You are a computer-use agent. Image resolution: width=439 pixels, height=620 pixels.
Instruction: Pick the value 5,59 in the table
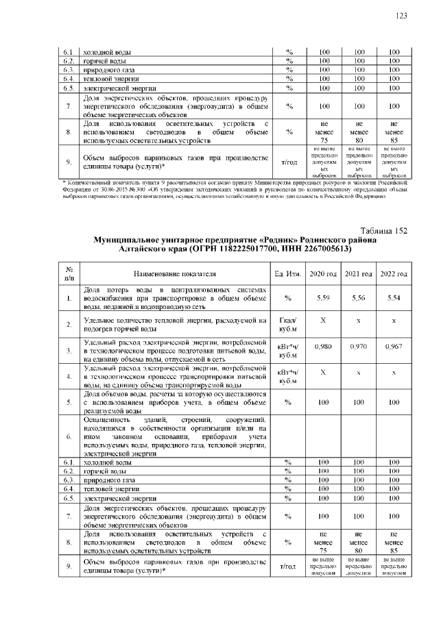324,298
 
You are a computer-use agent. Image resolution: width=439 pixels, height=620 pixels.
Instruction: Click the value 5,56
359,298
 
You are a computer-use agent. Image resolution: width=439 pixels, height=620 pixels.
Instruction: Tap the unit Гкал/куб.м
288,323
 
